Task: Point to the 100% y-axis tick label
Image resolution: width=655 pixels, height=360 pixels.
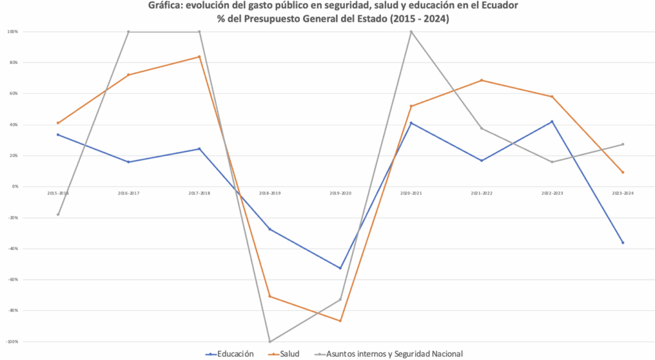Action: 12,31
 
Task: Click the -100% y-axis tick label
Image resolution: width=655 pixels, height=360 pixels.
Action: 12,341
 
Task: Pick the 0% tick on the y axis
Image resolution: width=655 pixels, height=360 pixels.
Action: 13,187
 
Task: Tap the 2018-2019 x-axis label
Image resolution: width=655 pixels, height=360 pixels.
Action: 269,192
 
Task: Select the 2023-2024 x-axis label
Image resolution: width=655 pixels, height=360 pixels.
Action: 622,192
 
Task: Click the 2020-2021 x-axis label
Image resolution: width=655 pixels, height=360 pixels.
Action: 411,192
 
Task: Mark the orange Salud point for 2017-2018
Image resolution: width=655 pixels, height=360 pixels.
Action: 199,57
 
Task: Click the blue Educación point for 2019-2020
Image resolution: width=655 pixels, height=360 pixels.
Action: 340,268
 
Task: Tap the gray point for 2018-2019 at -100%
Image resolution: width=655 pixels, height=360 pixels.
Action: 269,341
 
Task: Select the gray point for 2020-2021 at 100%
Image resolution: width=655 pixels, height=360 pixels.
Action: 411,31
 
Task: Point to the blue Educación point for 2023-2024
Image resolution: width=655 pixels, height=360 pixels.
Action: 622,242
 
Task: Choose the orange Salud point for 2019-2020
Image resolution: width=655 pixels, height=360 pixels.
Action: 340,320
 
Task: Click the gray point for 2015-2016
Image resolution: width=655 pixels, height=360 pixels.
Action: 58,214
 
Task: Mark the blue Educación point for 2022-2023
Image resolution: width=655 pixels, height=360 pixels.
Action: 552,121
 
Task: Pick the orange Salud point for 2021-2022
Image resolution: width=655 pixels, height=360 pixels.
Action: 481,80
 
